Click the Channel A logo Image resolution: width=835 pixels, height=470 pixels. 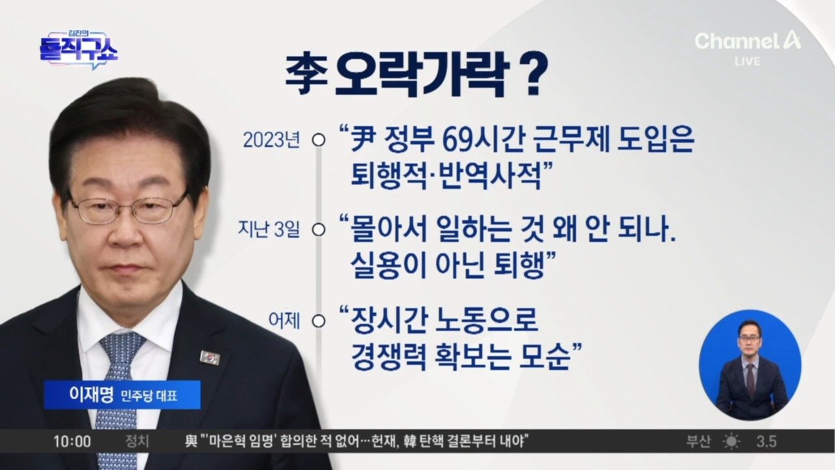748,41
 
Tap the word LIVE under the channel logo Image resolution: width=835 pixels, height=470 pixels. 748,61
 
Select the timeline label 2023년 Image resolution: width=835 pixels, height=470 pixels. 271,140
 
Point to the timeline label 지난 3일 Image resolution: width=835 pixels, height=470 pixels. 269,229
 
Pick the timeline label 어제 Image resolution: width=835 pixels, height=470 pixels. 284,321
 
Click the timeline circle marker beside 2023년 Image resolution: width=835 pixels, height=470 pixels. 318,140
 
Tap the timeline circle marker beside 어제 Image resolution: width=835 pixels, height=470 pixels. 318,321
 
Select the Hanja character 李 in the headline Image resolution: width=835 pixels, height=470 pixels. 307,74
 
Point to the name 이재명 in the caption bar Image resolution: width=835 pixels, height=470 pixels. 91,395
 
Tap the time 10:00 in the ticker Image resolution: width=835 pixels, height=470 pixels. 72,442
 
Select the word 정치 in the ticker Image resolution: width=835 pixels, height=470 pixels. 137,442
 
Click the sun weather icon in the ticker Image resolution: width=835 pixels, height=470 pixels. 731,442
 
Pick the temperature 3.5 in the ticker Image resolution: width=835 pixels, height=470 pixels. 767,442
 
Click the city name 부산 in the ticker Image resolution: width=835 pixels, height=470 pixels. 699,442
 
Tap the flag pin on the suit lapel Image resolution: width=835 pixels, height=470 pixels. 210,357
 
